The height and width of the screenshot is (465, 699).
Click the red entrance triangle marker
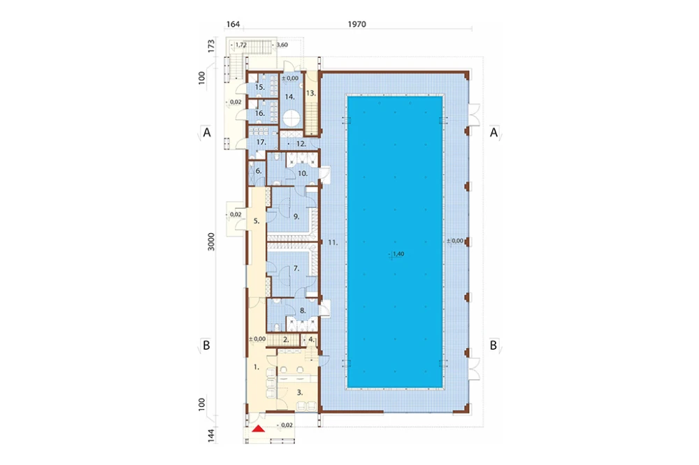[x=258, y=429]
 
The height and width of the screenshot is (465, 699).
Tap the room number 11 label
[x=333, y=243]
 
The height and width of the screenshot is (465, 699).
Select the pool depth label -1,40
[x=396, y=254]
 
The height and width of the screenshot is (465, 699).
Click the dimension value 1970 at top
[x=356, y=24]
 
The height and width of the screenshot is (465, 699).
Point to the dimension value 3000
[x=211, y=242]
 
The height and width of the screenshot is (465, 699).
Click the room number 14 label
[x=290, y=96]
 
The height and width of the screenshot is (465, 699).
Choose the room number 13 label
[x=311, y=94]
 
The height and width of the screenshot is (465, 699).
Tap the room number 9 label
[x=296, y=217]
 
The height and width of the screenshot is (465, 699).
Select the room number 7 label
[x=296, y=269]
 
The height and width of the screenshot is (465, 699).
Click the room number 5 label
[x=257, y=221]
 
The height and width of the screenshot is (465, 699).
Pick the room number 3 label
[x=300, y=393]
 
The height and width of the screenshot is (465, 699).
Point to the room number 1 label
[x=256, y=367]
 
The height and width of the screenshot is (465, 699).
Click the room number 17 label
[x=261, y=142]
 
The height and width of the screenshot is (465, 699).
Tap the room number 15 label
[x=260, y=87]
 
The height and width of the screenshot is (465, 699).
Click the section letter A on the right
[x=493, y=132]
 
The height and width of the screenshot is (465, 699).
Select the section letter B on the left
[x=206, y=345]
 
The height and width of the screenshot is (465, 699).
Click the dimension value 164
[x=233, y=24]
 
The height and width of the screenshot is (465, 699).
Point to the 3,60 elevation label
[x=281, y=45]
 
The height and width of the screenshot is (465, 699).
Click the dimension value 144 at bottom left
[x=211, y=435]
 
